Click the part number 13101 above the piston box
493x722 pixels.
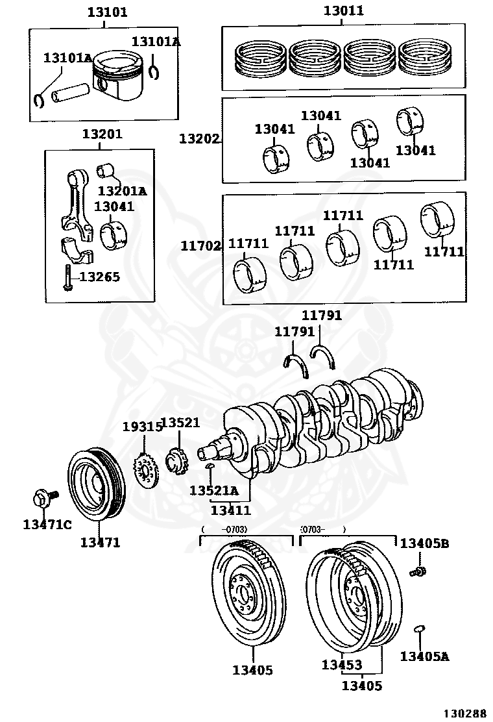tap(108, 12)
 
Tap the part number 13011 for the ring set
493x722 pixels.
tap(344, 10)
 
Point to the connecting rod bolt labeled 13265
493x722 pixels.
tap(67, 278)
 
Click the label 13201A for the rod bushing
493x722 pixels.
tap(122, 191)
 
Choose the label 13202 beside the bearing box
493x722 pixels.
tap(199, 139)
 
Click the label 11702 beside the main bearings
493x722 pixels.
tap(200, 246)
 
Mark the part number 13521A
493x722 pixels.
tap(213, 490)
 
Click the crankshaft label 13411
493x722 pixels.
tap(230, 510)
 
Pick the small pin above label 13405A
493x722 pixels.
tap(418, 629)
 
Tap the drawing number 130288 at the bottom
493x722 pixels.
tap(464, 712)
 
